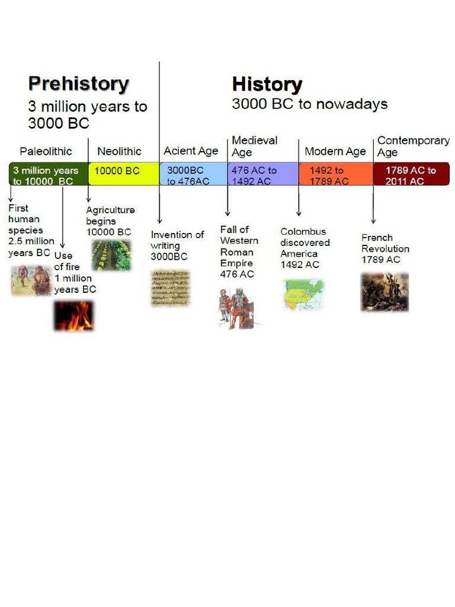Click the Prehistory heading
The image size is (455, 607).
[x=78, y=84]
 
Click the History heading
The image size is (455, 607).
[x=267, y=84]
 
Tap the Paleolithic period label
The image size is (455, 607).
[x=46, y=151]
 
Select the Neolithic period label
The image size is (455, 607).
[x=119, y=151]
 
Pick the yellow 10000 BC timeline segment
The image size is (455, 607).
[x=123, y=173]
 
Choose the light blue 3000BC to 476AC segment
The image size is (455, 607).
[x=193, y=174]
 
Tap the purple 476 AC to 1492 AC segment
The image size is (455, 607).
[x=263, y=174]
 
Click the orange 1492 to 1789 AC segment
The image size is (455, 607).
[x=336, y=174]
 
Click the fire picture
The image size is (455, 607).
[x=74, y=315]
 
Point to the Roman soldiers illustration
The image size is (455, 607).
[x=236, y=308]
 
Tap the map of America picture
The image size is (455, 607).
[x=303, y=295]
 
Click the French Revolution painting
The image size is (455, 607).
[x=384, y=292]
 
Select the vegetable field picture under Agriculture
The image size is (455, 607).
[x=111, y=255]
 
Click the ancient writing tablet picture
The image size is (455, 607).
[x=170, y=288]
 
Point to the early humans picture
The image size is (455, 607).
[x=31, y=280]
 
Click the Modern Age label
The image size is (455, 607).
[x=335, y=151]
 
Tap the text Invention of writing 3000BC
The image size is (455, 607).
[x=177, y=245]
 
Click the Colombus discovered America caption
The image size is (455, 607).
[x=305, y=248]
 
